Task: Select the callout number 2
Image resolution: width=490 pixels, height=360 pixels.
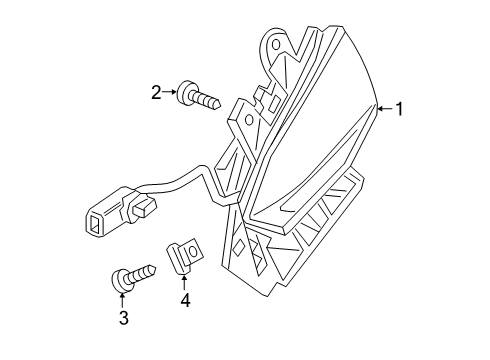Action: point(156,92)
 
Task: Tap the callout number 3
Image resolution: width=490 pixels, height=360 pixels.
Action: point(123,318)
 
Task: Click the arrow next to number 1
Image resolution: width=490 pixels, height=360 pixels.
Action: point(384,108)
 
